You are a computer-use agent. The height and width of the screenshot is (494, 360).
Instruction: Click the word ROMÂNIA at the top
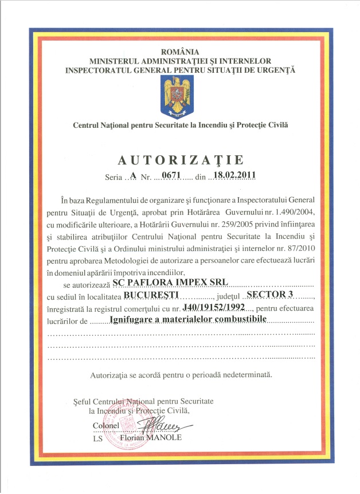[x=181, y=52]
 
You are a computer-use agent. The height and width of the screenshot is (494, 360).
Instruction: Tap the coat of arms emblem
[x=180, y=92]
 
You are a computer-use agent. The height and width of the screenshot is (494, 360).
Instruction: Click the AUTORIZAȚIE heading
[x=180, y=159]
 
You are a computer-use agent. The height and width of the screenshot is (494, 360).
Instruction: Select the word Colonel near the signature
[x=105, y=426]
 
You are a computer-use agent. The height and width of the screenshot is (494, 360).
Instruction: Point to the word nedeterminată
[x=244, y=376]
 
